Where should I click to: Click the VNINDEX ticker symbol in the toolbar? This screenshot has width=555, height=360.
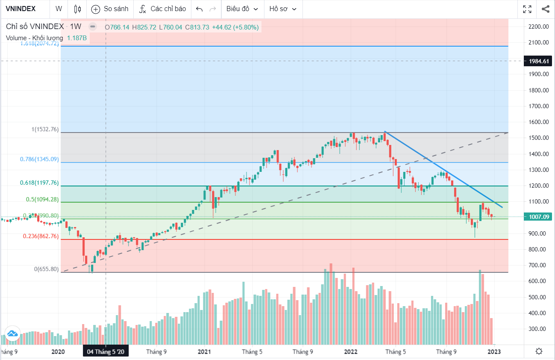[21, 9]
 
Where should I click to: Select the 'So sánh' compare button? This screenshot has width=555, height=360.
[110, 9]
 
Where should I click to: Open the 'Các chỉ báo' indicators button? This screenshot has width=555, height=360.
[163, 9]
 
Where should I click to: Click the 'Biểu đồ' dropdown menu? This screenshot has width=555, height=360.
[242, 9]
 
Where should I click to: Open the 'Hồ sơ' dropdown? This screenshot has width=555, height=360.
[282, 9]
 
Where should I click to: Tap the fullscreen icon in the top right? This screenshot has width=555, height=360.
[527, 9]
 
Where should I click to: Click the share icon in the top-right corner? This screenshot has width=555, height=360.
[545, 9]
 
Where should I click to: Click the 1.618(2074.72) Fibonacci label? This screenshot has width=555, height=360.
[39, 43]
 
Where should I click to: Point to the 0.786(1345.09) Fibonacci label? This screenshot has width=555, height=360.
[39, 159]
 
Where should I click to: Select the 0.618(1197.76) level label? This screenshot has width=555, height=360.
[39, 183]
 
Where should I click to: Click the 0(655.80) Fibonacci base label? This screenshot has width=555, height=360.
[47, 269]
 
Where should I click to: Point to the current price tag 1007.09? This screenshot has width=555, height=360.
[539, 217]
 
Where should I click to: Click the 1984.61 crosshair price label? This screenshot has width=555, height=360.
[539, 61]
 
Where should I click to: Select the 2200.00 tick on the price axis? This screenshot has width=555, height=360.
[538, 27]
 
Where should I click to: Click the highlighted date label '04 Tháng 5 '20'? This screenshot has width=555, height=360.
[106, 351]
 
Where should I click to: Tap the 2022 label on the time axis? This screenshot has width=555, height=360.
[351, 351]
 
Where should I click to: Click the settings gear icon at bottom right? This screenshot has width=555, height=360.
[539, 351]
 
